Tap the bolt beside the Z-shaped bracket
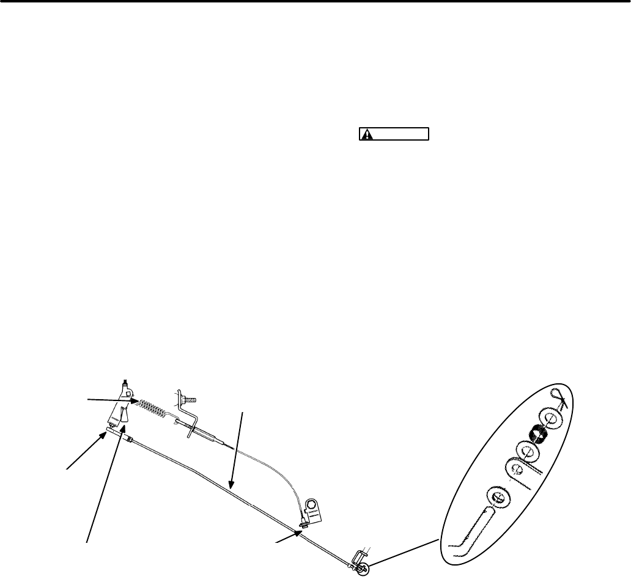(190, 398)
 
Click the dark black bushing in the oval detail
(538, 433)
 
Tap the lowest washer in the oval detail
(499, 496)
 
